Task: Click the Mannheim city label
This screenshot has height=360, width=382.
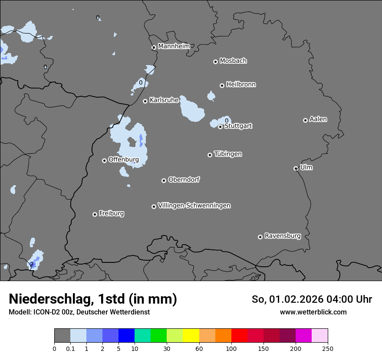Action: (x=174, y=46)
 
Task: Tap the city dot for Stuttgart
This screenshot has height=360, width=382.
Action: (x=220, y=127)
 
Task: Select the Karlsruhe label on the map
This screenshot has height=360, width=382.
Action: (x=164, y=100)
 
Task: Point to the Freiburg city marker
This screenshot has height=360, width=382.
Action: (x=95, y=214)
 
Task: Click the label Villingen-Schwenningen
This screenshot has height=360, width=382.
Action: (x=194, y=206)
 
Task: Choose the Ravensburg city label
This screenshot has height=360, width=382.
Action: (x=282, y=236)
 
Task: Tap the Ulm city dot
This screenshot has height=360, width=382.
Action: (x=296, y=168)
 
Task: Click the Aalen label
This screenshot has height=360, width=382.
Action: (x=318, y=119)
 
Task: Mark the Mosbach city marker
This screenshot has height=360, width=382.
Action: (x=215, y=62)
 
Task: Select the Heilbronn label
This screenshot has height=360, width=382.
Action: (x=241, y=85)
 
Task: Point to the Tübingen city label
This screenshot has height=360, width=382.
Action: (x=228, y=154)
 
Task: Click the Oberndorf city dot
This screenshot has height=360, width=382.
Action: (x=164, y=180)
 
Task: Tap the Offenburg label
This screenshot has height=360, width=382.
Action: (x=124, y=160)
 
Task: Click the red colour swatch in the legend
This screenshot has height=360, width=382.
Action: (x=239, y=336)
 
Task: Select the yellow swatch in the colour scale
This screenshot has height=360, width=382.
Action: (x=191, y=336)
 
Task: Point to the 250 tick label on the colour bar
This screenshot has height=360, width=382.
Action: (x=327, y=348)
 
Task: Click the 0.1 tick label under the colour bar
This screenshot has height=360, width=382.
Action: (x=70, y=348)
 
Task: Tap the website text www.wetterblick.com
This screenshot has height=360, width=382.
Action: (x=313, y=312)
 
